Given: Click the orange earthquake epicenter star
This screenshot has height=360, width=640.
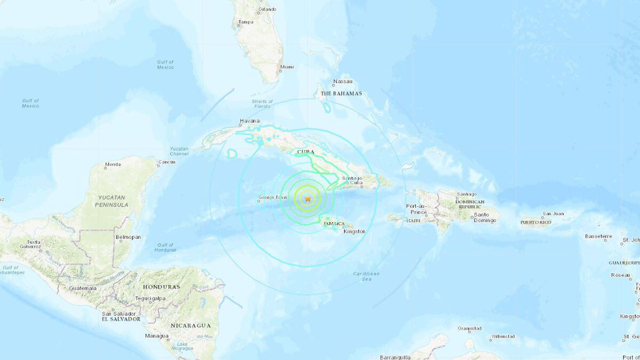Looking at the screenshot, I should pos(308,198).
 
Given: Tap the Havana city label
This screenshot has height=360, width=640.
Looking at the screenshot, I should pos(250,122).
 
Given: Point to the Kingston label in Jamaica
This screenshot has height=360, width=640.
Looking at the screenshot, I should pos(354,231).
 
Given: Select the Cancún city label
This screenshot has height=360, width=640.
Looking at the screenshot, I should pos(167,162).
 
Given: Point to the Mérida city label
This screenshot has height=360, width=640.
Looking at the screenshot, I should pos(113,164).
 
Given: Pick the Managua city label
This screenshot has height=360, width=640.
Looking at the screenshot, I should pos(157,336).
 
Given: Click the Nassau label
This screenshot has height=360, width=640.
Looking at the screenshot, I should pos(342,82).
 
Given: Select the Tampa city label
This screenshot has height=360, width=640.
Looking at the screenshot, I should pos(246,22).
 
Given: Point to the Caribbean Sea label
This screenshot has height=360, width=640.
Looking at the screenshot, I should pos(366,276).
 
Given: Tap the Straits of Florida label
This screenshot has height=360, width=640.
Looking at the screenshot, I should pos(262,103).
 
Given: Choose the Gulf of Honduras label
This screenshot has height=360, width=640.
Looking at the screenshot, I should pos(165,248).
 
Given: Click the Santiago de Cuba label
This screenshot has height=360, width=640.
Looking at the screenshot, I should pos(354,181).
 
